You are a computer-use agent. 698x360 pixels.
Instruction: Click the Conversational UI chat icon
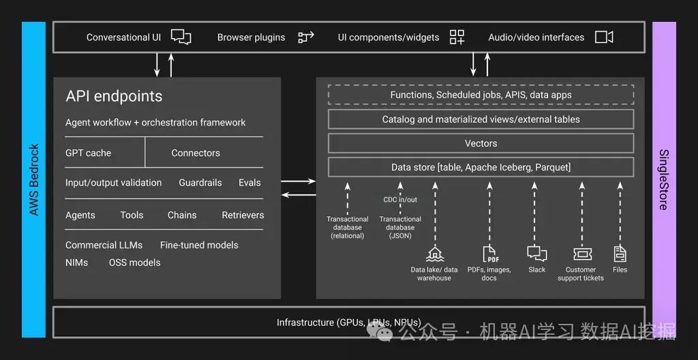click(181, 37)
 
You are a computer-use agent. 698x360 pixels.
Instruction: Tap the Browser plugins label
click(251, 37)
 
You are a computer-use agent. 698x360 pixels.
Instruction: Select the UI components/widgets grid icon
click(457, 37)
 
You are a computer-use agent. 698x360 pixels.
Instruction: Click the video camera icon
click(604, 37)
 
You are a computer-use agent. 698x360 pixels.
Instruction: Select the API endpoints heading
click(114, 96)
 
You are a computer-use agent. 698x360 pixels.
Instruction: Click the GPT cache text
click(88, 153)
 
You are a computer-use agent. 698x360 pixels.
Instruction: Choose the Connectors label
click(196, 153)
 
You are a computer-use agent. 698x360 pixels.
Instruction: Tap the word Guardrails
click(200, 183)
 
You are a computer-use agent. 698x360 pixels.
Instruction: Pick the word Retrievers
click(243, 215)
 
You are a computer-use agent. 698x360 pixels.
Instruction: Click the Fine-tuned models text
click(199, 245)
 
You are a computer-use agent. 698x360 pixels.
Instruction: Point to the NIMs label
click(76, 262)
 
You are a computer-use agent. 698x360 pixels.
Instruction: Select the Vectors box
click(481, 143)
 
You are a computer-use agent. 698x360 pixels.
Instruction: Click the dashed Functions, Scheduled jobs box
click(481, 95)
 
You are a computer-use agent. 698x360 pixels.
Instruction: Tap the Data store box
click(481, 167)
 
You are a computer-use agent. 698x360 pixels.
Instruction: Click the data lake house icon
click(434, 254)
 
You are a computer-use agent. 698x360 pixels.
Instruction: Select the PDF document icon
click(490, 254)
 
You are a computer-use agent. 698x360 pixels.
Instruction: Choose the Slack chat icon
click(537, 253)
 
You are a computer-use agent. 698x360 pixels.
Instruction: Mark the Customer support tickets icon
click(581, 254)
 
